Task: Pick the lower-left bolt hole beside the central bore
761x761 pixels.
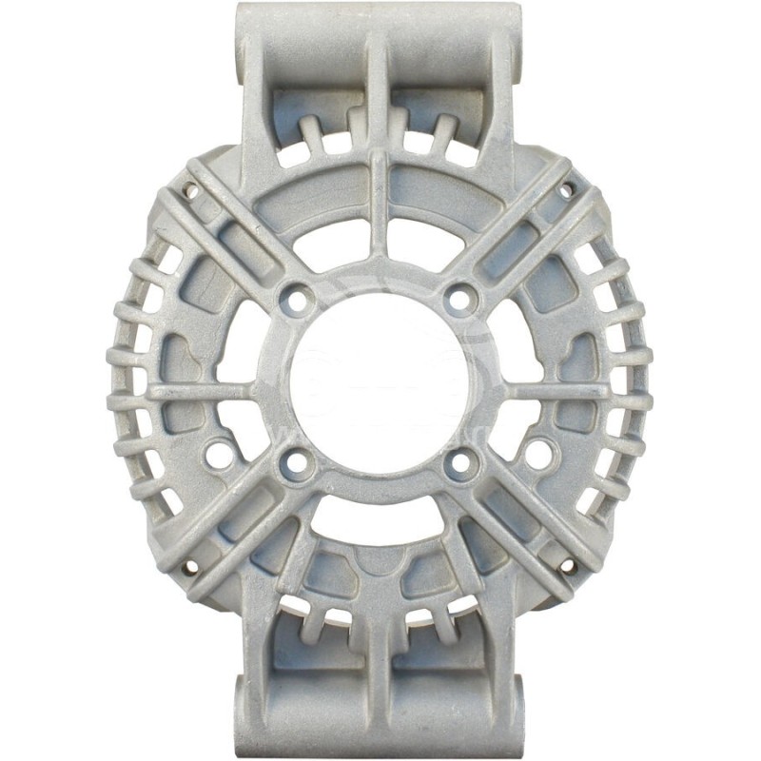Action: tap(297, 464)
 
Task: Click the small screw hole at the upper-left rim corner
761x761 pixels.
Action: tap(193, 191)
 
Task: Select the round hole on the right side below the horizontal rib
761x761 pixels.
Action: tap(537, 445)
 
